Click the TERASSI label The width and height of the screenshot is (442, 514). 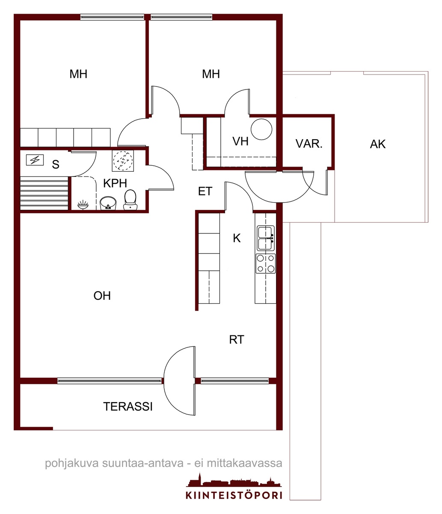[128, 406]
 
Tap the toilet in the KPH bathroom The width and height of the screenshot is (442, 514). [130, 200]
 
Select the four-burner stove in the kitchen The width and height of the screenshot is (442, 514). [266, 263]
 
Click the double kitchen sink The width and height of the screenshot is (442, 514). [266, 238]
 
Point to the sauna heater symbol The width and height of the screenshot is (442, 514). [35, 160]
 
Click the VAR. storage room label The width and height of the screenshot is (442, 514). [309, 144]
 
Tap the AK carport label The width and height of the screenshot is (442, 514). [378, 144]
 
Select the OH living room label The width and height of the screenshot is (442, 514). [102, 296]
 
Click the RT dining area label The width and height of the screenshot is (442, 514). [237, 339]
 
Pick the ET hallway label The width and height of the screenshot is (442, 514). [205, 191]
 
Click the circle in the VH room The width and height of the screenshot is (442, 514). [261, 129]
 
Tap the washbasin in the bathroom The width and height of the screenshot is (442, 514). [108, 203]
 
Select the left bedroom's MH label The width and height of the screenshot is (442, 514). [78, 74]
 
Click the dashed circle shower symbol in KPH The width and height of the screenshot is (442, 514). [123, 161]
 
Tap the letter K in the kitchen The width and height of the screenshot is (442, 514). [237, 238]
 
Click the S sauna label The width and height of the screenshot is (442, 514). [56, 164]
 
